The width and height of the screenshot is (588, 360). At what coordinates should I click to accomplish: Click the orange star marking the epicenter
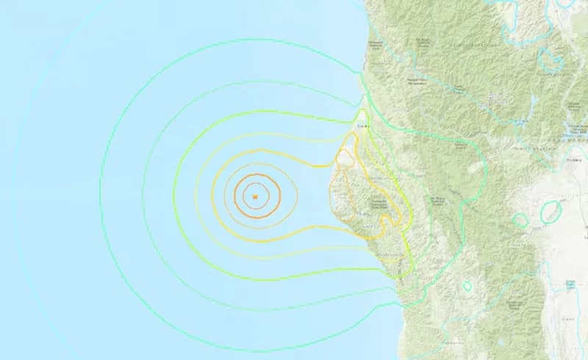[254, 197]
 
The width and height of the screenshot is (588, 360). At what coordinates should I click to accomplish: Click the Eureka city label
[361, 126]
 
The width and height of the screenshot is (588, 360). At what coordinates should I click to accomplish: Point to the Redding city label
[574, 159]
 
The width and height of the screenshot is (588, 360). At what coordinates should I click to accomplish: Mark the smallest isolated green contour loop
[467, 285]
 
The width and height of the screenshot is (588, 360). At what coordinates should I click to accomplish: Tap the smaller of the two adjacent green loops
[520, 219]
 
